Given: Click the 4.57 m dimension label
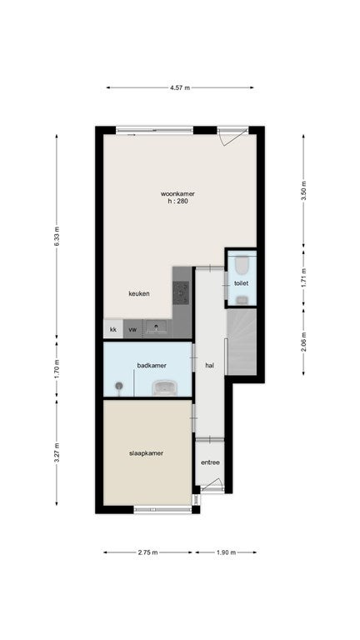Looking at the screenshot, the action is click(180, 87).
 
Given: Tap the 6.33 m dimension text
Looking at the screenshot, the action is click(57, 236).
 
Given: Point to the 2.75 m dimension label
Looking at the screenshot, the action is click(147, 552).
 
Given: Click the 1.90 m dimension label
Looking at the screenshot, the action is click(226, 552).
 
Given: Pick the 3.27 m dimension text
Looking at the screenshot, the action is click(57, 452).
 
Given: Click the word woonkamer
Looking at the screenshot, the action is click(177, 194).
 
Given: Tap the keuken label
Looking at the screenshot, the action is click(139, 293).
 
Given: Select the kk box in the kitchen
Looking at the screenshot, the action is click(113, 329).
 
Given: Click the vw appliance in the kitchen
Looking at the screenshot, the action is click(132, 329).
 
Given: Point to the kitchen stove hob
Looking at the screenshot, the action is click(181, 292).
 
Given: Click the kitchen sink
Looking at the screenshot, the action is click(157, 327).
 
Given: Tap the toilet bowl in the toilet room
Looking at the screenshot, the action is click(242, 265).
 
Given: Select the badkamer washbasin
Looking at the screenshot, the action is click(164, 387).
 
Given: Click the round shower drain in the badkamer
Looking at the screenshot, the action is click(119, 385).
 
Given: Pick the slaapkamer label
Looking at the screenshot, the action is click(146, 453).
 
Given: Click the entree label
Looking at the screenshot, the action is click(210, 462).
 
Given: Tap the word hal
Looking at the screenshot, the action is click(210, 366).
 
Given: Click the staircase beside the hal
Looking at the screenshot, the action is click(242, 342).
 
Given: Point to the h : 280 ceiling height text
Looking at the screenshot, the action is click(177, 201).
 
